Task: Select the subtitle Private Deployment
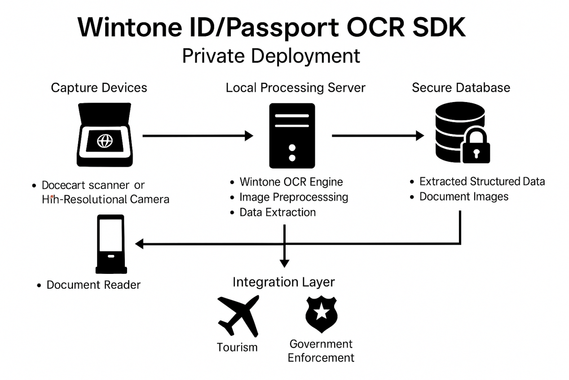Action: point(271,56)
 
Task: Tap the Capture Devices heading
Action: point(99,87)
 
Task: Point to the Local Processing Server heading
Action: point(296,87)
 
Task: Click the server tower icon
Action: point(292,135)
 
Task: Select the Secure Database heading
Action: point(461,87)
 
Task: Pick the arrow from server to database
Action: point(378,135)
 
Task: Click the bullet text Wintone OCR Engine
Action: point(291,182)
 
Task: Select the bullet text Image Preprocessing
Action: point(294,197)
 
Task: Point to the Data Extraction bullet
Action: point(278,212)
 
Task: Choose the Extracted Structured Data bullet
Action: point(482,181)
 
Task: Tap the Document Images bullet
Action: point(463,197)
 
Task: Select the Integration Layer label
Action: point(283,282)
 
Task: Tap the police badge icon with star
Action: point(322,314)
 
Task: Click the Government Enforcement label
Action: point(321,351)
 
